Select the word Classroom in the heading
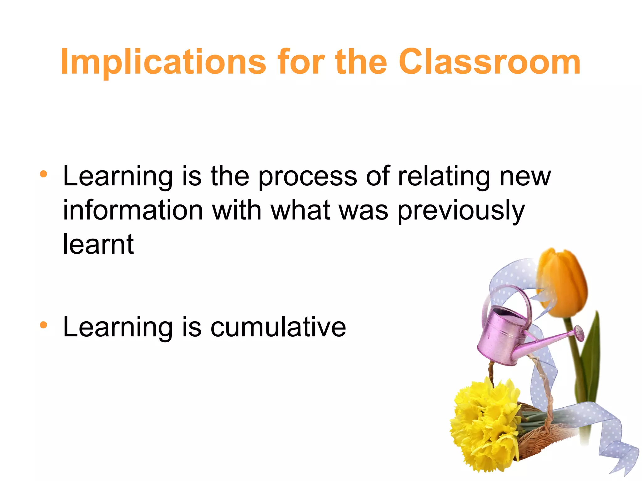[489, 62]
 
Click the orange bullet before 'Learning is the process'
[44, 174]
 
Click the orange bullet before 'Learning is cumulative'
[44, 325]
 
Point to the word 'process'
[308, 177]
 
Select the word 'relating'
[444, 177]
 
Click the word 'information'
[133, 210]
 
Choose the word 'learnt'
[98, 244]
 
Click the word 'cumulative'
[278, 327]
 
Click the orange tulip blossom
[563, 282]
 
